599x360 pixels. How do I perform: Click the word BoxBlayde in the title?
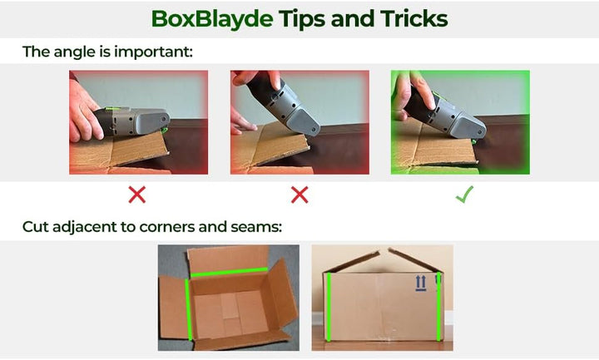tap(212, 19)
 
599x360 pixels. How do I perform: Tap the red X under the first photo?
tap(136, 195)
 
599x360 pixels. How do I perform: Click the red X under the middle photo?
tap(299, 195)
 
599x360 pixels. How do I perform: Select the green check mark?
tap(464, 194)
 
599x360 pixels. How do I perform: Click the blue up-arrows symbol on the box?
tap(421, 284)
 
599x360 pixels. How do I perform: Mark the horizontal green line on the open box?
tap(229, 272)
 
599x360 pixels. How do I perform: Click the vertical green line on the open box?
tap(188, 309)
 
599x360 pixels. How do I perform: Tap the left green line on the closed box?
tap(328, 307)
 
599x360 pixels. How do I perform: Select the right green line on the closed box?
tap(438, 306)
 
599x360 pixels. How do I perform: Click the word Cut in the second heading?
tap(36, 227)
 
